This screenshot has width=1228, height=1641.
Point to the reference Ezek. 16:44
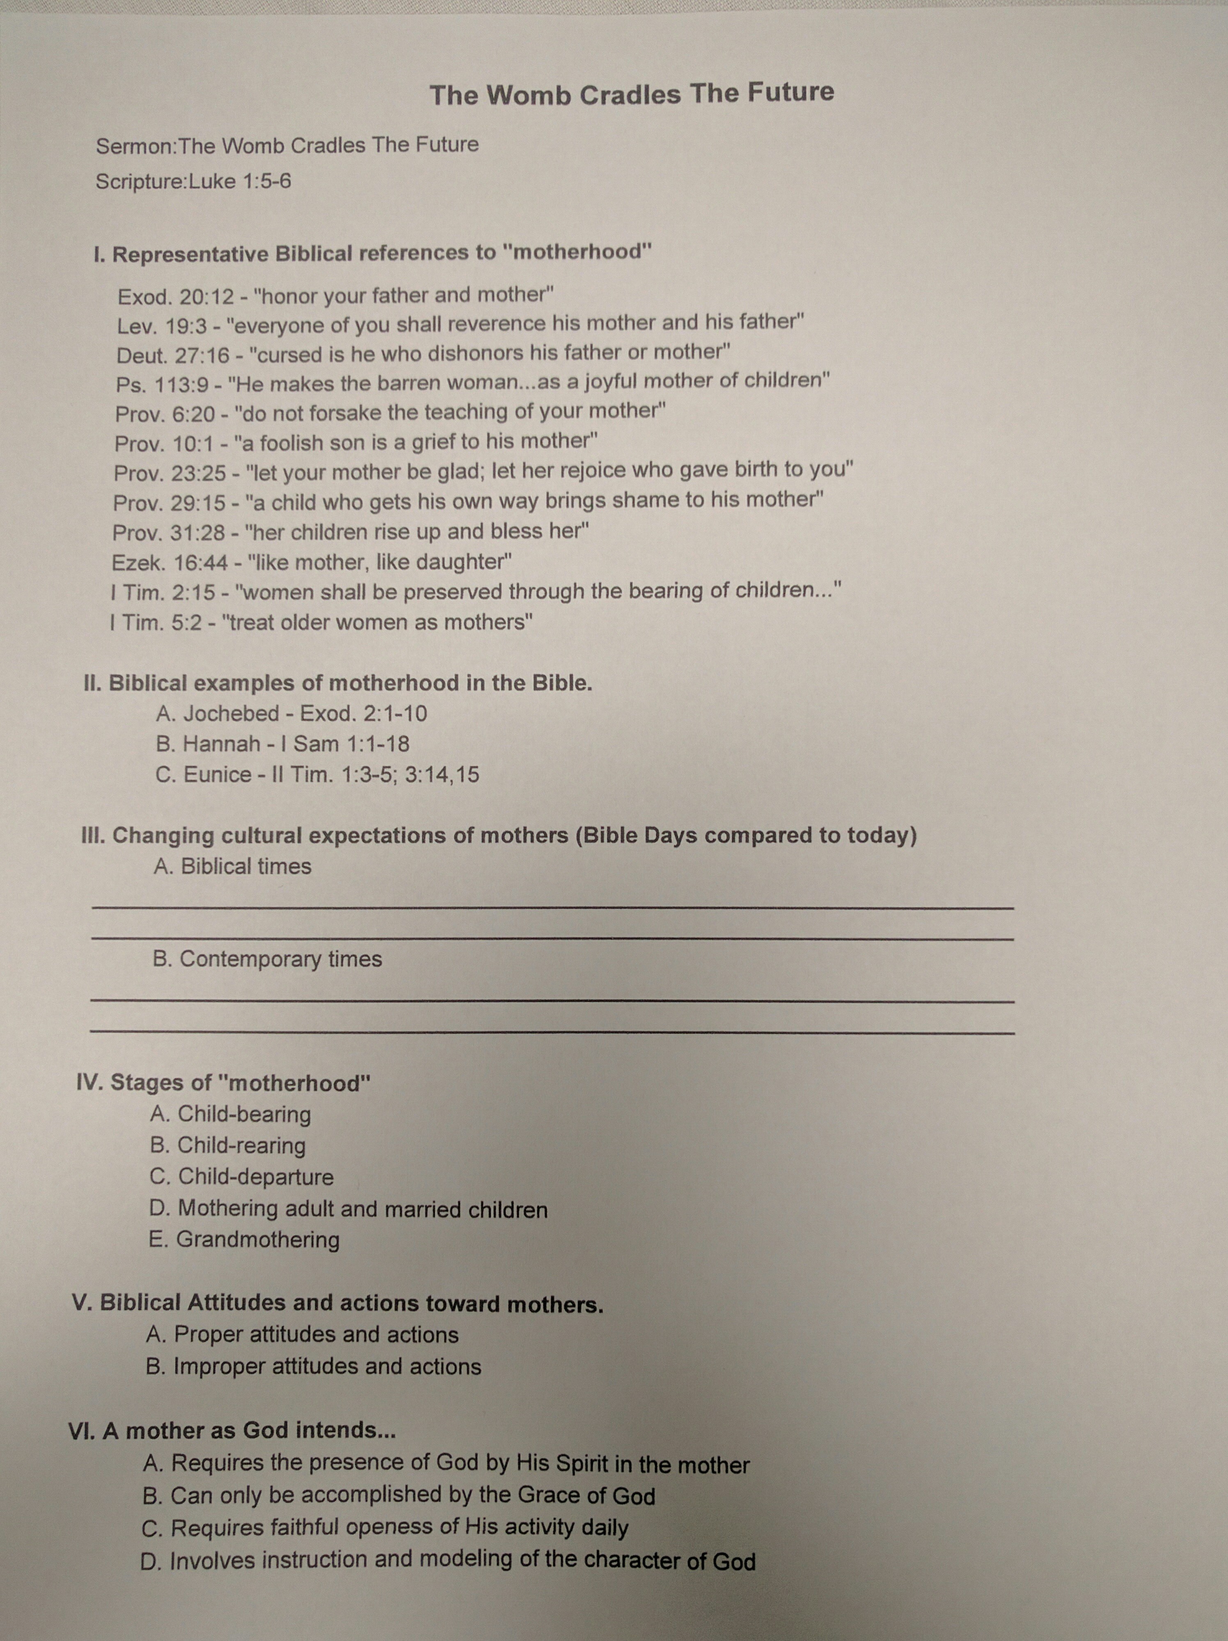169,563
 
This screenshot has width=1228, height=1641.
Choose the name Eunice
217,775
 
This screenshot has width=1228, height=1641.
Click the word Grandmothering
257,1240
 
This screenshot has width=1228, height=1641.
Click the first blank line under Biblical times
552,907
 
